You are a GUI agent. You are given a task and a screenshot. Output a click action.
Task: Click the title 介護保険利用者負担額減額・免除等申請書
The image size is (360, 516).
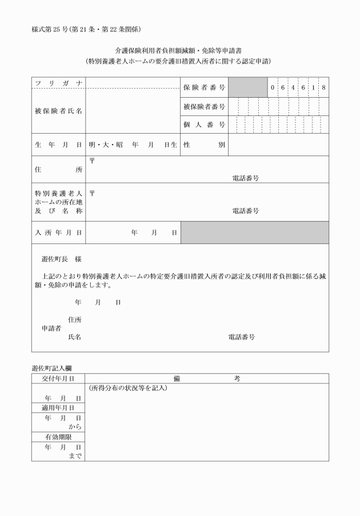(179, 51)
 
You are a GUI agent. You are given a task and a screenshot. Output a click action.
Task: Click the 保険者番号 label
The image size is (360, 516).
(204, 87)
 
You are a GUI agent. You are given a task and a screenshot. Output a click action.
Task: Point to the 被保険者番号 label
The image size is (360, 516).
(204, 106)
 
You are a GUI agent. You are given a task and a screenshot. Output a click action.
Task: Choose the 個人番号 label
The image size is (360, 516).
(204, 125)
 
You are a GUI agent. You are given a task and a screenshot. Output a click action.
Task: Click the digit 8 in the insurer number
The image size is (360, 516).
(323, 87)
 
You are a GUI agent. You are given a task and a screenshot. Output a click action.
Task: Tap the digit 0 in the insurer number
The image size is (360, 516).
(273, 87)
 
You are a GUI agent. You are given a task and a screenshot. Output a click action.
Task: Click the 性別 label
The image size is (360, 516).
(204, 145)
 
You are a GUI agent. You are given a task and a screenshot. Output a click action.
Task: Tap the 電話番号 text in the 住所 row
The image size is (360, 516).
(246, 178)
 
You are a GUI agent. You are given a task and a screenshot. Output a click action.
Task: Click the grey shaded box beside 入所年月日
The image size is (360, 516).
(255, 233)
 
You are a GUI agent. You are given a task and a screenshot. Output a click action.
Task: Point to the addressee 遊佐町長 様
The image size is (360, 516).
(61, 259)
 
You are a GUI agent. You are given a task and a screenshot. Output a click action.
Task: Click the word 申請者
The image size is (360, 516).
(51, 329)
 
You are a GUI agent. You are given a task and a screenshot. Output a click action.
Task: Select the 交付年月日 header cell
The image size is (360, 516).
(58, 378)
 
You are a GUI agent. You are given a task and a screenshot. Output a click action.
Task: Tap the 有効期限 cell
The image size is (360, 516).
(58, 437)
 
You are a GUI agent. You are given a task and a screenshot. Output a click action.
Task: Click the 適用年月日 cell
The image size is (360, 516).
(58, 407)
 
